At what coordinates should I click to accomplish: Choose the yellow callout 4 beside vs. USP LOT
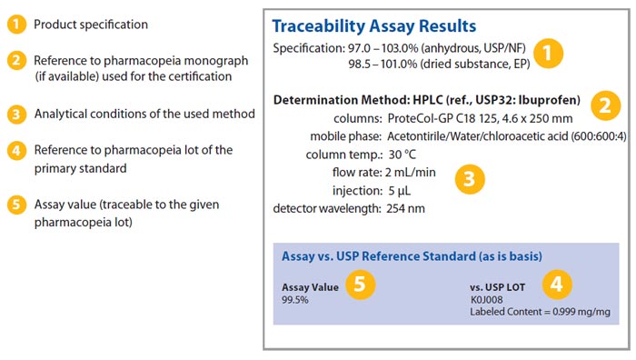click(x=555, y=284)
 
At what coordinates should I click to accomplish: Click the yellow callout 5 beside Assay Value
click(x=360, y=284)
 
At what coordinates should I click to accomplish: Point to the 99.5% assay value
click(x=296, y=299)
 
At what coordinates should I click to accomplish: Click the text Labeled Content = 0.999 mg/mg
click(x=539, y=312)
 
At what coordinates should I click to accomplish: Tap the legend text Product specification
click(x=91, y=25)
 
